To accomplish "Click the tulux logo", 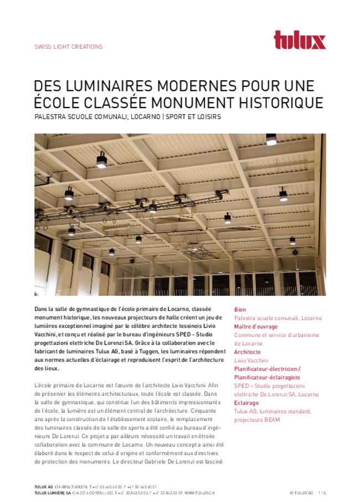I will click(x=300, y=40).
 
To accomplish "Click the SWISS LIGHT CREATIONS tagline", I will click(x=68, y=47).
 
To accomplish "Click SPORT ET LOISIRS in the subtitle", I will click(x=194, y=117).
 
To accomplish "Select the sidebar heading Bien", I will click(x=240, y=310).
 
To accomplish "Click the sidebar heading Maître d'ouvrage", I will click(x=255, y=326).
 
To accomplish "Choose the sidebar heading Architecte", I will click(x=248, y=352).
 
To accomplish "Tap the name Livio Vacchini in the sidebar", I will click(x=252, y=360).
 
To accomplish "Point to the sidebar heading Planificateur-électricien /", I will click(x=267, y=368).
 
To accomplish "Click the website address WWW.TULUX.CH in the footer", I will click(x=200, y=492).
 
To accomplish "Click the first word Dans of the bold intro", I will click(x=41, y=309).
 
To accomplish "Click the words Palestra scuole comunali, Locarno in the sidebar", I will click(x=277, y=318).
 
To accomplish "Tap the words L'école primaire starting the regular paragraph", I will click(x=55, y=385).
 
